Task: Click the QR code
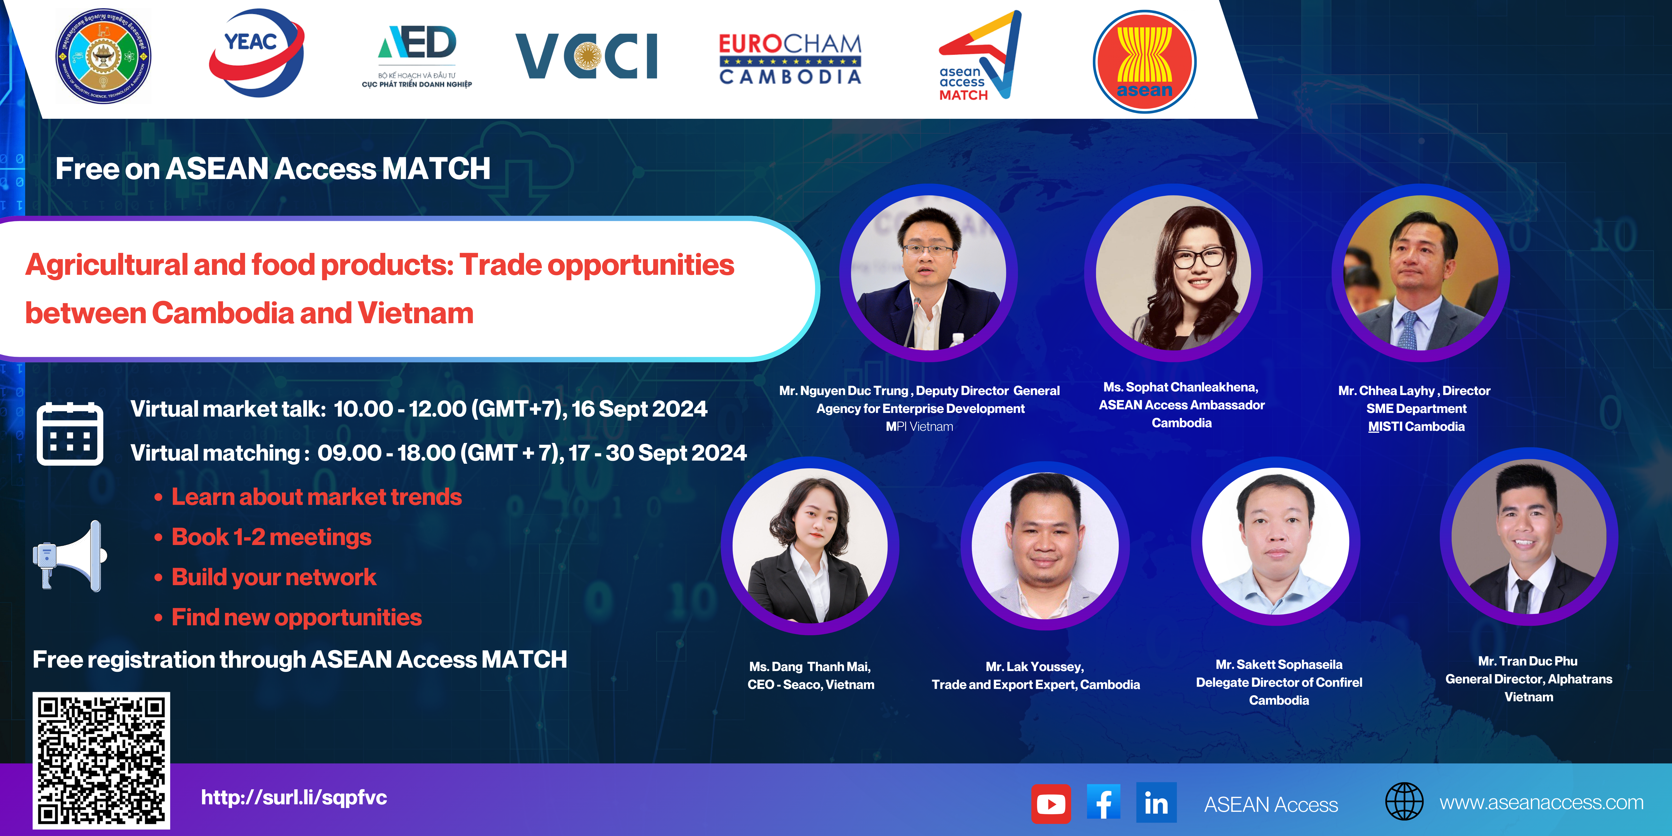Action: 101,760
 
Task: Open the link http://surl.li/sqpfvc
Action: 294,797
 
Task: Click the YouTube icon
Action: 1051,804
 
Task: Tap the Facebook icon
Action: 1103,803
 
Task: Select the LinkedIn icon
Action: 1156,803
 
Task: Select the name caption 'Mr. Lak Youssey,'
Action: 1035,667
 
